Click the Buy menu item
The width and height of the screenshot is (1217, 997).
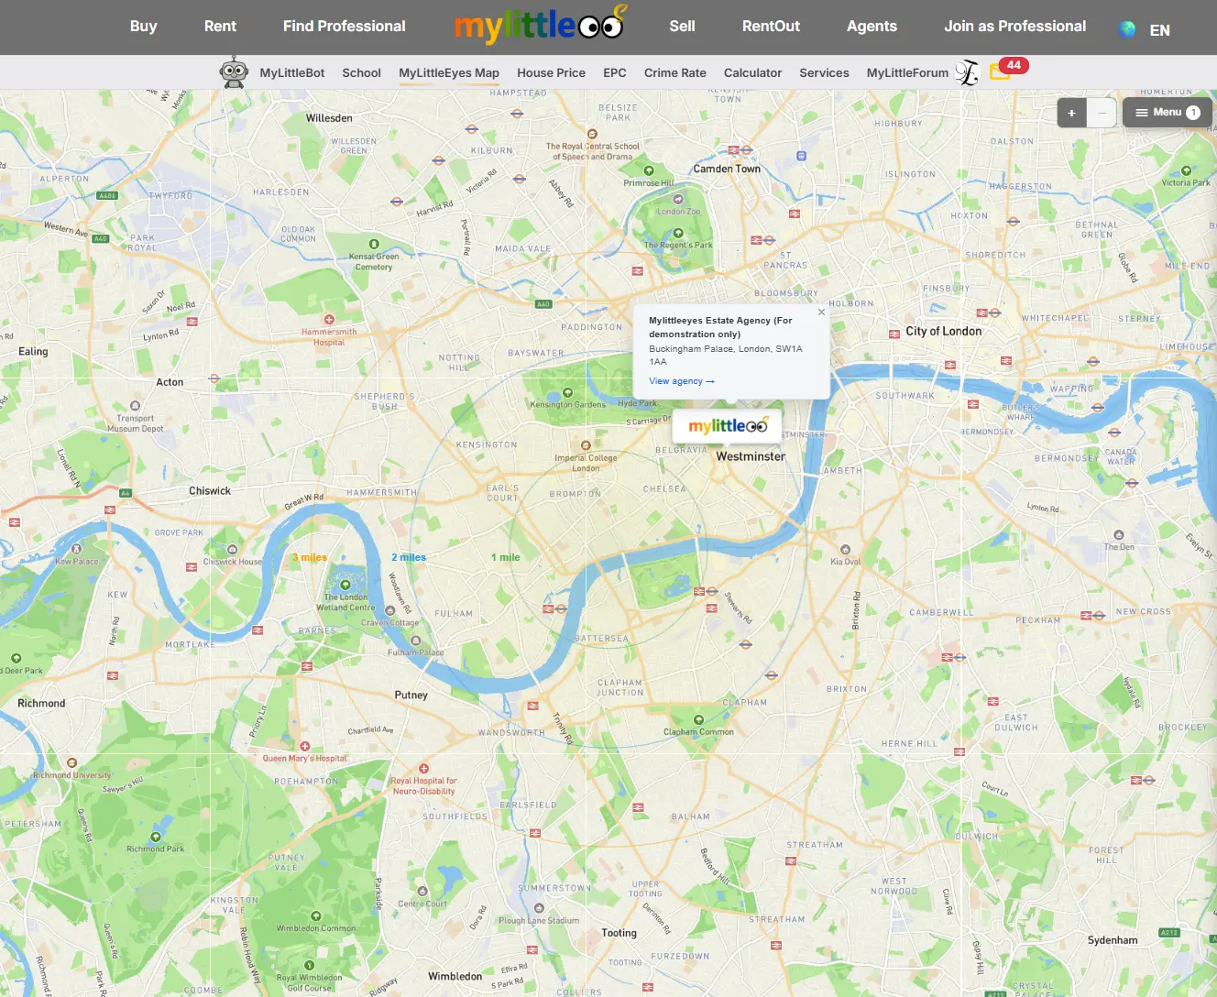click(x=143, y=27)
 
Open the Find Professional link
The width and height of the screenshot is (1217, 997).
click(x=344, y=27)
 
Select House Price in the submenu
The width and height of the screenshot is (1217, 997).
click(x=551, y=73)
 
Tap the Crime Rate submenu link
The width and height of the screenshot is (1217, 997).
click(x=674, y=73)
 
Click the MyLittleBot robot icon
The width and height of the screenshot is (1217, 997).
click(x=234, y=72)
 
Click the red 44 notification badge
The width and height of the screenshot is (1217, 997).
click(x=1014, y=65)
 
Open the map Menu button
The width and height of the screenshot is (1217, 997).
click(x=1167, y=113)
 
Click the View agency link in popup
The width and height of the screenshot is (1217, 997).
click(x=681, y=381)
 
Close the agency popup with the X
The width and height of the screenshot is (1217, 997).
click(x=821, y=312)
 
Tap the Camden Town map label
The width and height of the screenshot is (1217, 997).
click(x=727, y=169)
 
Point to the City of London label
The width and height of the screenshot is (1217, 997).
click(x=943, y=332)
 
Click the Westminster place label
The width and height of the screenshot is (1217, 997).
click(x=751, y=456)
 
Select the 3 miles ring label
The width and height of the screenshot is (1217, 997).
click(x=310, y=557)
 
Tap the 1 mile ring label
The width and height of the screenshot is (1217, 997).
click(x=505, y=557)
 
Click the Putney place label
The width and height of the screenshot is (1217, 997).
click(x=411, y=696)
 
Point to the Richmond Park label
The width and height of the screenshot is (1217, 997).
click(x=155, y=849)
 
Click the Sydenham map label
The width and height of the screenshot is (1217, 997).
click(x=1112, y=940)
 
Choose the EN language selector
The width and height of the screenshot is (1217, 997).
click(x=1159, y=30)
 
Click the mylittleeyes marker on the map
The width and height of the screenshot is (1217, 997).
click(x=728, y=426)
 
